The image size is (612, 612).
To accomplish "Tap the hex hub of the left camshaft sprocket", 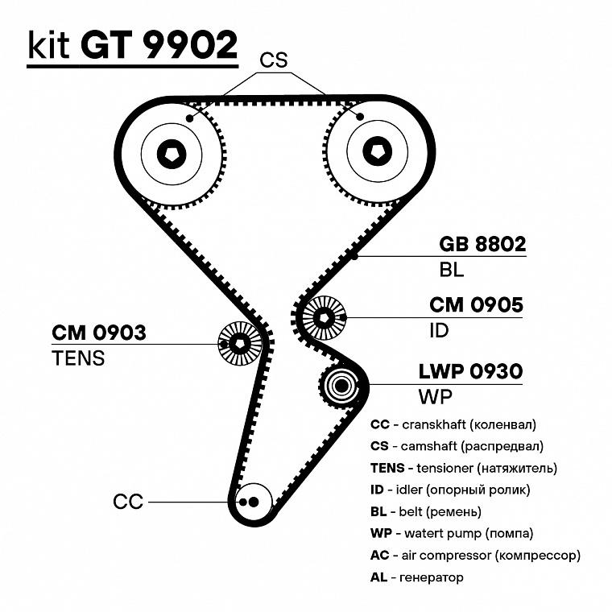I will tap(172, 153).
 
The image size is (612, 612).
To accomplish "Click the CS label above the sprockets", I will tap(274, 61).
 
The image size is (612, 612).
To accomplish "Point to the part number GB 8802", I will tap(482, 245).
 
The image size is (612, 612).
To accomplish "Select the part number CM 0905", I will tap(476, 305).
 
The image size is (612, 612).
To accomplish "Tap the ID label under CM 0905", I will tap(439, 330).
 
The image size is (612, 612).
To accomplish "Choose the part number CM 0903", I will tap(99, 332).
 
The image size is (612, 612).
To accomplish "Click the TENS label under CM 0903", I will tap(78, 358).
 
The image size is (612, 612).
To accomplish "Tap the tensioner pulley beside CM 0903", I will tap(240, 344).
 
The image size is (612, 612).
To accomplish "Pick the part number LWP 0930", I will tap(471, 371).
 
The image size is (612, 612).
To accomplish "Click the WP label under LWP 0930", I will tap(436, 397).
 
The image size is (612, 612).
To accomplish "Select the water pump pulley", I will tap(341, 387).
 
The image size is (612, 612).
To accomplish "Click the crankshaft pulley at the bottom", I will tap(252, 502).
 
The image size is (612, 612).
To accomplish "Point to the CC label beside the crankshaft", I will tap(127, 502).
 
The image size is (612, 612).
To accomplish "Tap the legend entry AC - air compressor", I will tap(474, 555).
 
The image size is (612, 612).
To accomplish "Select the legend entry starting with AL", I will tap(416, 577).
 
